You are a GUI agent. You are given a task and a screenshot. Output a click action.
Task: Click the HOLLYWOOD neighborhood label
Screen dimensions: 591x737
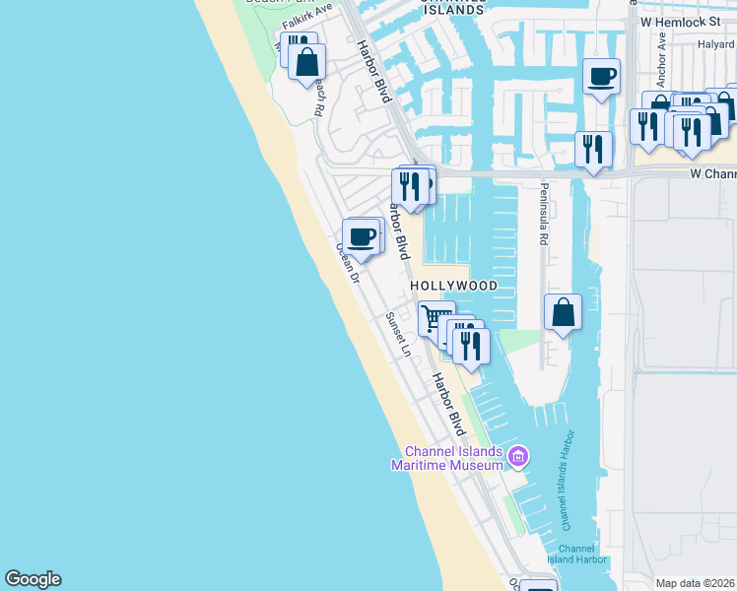coord(453,286)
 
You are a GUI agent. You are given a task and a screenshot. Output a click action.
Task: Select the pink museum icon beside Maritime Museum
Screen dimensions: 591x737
coord(519,457)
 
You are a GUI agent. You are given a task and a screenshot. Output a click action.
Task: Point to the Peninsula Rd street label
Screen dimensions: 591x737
coord(542,214)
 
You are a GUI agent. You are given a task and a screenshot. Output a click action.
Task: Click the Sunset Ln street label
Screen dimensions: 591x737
coord(397,335)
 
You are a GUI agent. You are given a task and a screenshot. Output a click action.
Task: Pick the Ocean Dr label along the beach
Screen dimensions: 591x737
coord(349,263)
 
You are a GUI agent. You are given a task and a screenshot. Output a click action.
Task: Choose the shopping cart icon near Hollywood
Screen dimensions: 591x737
coord(434,318)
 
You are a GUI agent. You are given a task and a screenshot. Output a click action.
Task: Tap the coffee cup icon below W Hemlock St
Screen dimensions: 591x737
coord(601,76)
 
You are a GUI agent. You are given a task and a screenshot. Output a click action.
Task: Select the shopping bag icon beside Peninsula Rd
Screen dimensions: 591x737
coord(563,311)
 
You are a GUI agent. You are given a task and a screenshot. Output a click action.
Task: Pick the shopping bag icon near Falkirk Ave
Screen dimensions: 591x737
coord(307,62)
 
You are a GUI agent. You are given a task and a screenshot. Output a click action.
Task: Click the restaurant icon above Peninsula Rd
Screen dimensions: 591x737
coord(592,149)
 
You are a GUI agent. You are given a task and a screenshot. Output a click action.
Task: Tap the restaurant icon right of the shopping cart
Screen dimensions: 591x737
coord(471,345)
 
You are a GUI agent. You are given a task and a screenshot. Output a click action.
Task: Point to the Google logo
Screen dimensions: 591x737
coord(33,579)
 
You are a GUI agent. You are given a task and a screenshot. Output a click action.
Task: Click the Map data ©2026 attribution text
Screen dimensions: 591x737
coord(696,583)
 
